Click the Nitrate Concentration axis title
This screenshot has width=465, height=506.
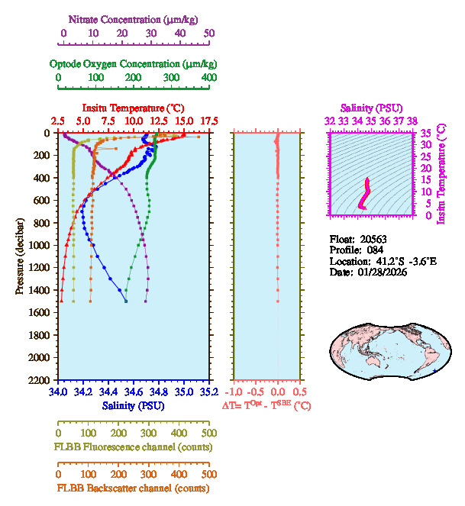click(x=136, y=18)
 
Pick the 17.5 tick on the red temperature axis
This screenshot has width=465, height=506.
click(x=209, y=121)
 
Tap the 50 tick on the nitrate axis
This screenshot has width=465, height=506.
click(x=209, y=34)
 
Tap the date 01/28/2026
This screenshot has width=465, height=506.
click(x=379, y=272)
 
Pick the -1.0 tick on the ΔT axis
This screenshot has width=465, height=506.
click(x=234, y=392)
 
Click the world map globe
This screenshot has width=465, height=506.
click(x=386, y=350)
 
